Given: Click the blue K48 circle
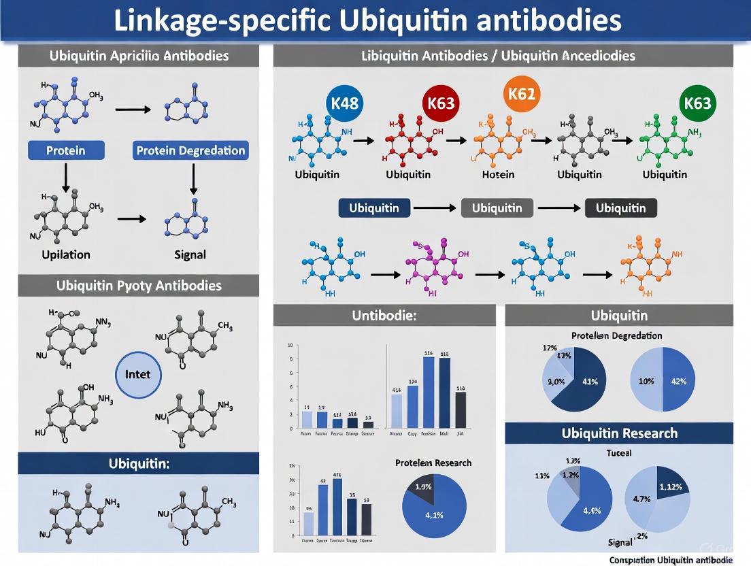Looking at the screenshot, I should click(345, 104).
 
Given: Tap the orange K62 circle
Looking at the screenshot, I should click(522, 94).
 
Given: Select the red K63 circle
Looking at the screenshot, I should click(440, 105).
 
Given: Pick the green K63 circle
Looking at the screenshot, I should click(698, 103).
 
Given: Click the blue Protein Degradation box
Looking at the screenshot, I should click(191, 150).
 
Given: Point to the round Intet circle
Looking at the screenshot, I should click(138, 374).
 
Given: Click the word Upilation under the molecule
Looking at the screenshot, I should click(66, 254).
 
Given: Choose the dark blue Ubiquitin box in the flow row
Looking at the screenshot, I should click(374, 208).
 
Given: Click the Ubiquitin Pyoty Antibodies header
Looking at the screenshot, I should click(138, 285).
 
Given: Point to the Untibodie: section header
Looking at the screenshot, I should click(384, 316).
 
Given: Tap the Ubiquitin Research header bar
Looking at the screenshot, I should click(619, 433).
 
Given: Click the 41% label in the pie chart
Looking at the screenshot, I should click(589, 381).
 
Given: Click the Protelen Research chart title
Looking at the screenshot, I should click(433, 463).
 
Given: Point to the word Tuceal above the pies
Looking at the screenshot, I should click(618, 452).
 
